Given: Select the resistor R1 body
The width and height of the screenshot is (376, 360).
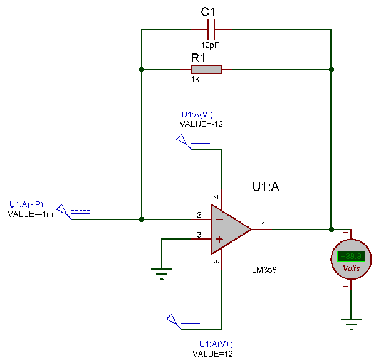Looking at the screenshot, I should (206, 69).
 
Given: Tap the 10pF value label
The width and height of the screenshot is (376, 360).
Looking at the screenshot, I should (211, 45).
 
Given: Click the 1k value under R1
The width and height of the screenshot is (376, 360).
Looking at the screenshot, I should (196, 80).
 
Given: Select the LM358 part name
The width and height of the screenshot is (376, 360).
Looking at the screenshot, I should (264, 270).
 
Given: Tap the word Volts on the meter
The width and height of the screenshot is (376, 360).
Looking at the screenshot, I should (352, 268).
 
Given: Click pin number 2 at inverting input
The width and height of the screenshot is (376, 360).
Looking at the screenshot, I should (199, 215).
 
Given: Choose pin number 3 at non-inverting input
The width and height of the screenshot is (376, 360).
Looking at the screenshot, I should (199, 235).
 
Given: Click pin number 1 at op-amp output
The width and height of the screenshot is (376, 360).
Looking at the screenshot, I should (263, 225).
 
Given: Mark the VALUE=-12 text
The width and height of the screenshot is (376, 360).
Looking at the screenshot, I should (202, 124).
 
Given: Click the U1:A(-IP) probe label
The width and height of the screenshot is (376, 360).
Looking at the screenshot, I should (26, 204).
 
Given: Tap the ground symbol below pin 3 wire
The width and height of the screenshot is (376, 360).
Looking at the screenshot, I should (162, 273).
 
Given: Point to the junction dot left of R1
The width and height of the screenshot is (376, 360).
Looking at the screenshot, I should (142, 69).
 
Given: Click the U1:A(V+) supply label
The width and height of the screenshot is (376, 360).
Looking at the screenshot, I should (216, 344).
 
